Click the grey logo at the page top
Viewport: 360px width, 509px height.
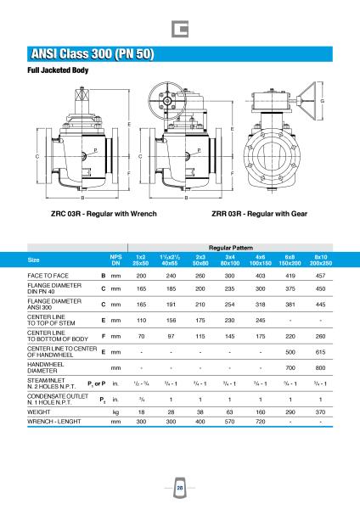(180, 29)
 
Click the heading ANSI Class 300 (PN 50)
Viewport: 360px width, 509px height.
(93, 54)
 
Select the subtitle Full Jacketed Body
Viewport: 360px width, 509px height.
(58, 70)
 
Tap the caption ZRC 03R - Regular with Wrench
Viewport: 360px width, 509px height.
(104, 214)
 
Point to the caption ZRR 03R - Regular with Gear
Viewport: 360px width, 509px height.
(259, 214)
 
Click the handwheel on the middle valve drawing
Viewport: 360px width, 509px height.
(167, 101)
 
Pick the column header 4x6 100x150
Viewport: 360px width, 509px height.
(261, 260)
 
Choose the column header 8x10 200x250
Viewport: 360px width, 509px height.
(321, 260)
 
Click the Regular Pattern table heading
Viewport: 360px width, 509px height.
(231, 248)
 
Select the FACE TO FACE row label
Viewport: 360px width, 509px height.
(48, 276)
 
